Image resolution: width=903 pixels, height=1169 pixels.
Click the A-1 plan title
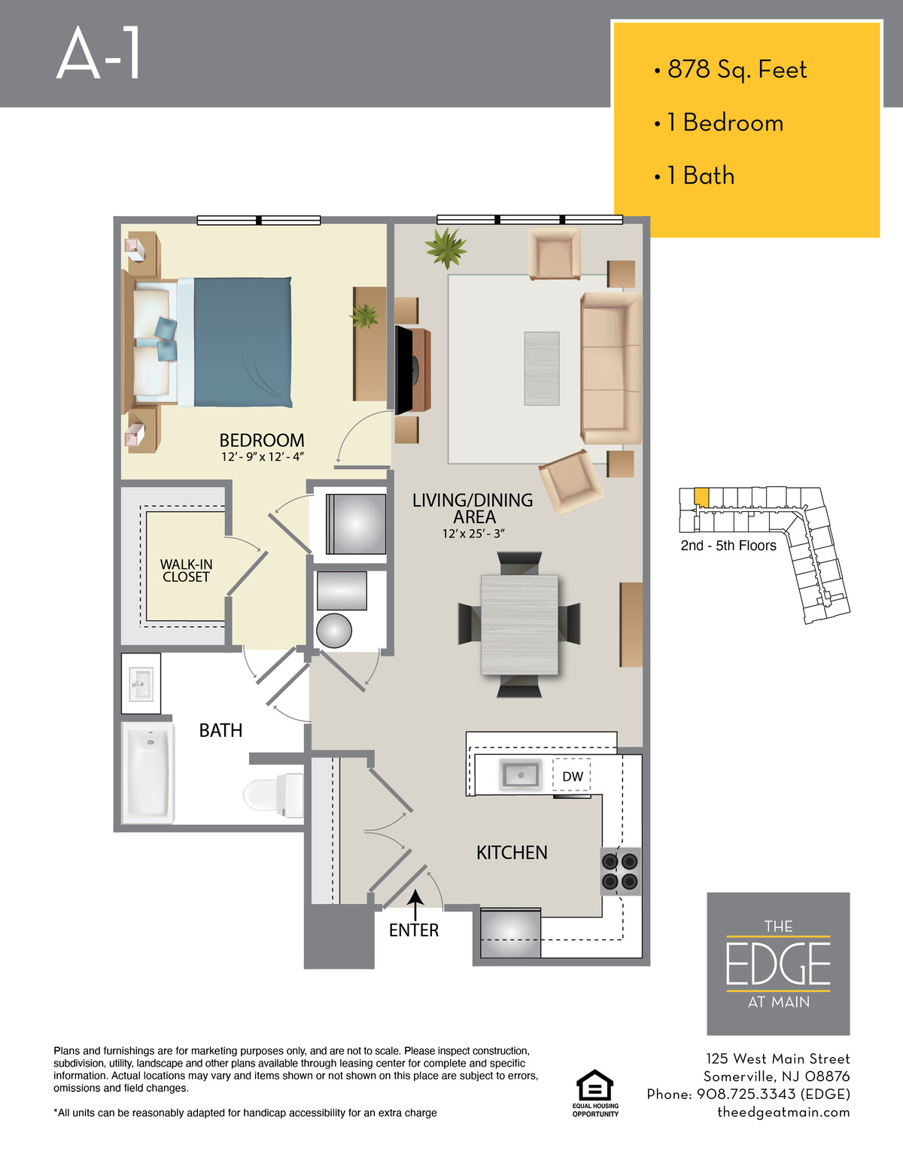(x=99, y=53)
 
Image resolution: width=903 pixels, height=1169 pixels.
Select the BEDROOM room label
(x=262, y=440)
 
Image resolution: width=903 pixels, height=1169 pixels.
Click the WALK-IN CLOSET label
(x=186, y=571)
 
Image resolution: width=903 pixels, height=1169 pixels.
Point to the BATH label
(x=220, y=731)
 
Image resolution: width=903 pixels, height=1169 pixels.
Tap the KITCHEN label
(x=512, y=853)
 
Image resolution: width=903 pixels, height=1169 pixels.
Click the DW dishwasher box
(x=572, y=776)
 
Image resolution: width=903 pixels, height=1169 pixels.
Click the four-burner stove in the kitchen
(x=620, y=872)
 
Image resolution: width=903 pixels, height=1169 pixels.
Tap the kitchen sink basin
(x=520, y=775)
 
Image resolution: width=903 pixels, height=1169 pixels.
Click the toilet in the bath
(x=273, y=795)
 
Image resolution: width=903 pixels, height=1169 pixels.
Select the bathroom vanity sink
(x=141, y=683)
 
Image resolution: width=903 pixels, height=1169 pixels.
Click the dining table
(x=519, y=625)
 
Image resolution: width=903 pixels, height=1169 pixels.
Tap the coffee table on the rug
(x=542, y=369)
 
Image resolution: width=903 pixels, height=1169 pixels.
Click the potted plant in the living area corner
(x=445, y=248)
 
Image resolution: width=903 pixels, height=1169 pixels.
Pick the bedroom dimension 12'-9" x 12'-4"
(x=263, y=457)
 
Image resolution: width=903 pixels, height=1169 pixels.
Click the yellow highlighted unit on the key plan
(x=701, y=497)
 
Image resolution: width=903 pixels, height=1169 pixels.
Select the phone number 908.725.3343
(x=746, y=1094)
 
